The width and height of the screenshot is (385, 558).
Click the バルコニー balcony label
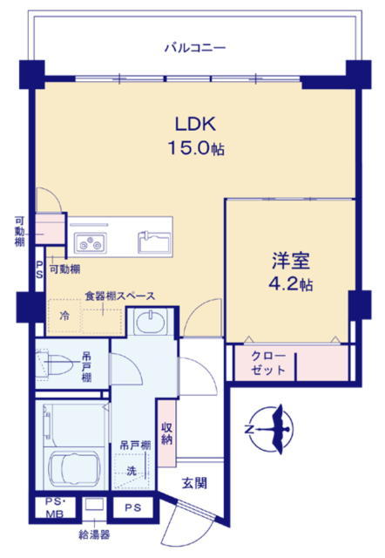(195, 48)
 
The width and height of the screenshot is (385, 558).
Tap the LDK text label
(195, 124)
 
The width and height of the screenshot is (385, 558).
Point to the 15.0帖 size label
(196, 148)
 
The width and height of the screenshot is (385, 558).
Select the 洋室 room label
(291, 261)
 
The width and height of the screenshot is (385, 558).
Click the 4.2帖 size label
(291, 284)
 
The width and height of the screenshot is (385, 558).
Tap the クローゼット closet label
(268, 363)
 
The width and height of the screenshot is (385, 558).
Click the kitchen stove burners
(89, 242)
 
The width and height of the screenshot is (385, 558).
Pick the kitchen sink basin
(154, 242)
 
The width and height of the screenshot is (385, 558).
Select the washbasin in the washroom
(151, 322)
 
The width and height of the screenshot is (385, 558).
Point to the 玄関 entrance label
(194, 483)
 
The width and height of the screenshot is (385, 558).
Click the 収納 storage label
(166, 433)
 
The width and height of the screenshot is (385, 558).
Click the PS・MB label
(56, 507)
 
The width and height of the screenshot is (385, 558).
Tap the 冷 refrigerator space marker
(64, 316)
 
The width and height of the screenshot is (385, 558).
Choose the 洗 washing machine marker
(132, 471)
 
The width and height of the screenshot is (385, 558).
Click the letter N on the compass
(250, 430)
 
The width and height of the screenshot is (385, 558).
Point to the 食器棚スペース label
(120, 296)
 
